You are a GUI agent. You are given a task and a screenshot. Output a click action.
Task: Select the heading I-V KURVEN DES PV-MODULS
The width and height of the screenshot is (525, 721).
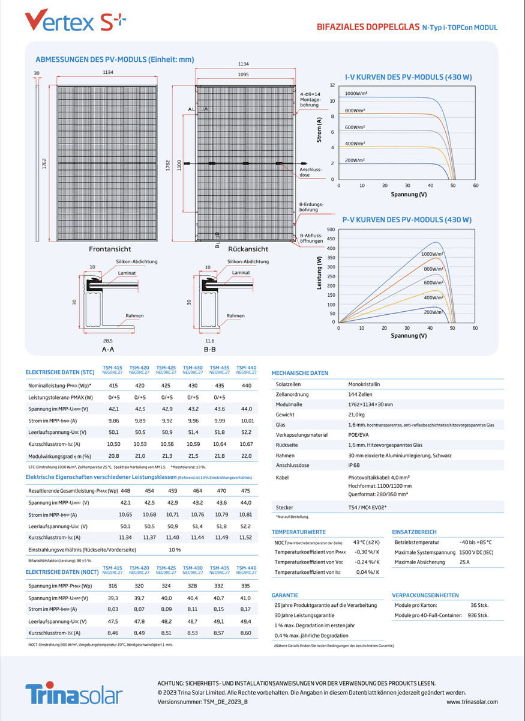[x=408, y=78]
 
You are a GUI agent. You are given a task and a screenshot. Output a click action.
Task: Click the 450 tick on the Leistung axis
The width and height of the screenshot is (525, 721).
[x=331, y=239]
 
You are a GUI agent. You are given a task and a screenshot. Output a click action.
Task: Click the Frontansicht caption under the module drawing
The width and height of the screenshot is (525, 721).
[x=110, y=249]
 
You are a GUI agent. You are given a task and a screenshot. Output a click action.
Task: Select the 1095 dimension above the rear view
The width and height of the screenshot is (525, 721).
[x=243, y=75]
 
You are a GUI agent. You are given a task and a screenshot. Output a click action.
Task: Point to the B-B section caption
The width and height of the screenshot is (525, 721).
[x=210, y=348]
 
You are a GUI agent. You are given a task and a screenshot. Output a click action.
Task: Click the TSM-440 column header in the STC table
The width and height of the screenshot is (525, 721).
[x=246, y=369]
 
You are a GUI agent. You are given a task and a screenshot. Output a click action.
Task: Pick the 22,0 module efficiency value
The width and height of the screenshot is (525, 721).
[x=246, y=457]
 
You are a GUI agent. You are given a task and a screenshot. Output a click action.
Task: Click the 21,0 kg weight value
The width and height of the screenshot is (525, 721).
[x=357, y=415]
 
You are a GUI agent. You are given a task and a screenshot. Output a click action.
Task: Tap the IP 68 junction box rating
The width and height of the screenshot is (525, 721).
[x=355, y=465]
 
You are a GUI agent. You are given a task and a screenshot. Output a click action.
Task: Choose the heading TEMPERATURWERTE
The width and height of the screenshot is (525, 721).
[x=298, y=532]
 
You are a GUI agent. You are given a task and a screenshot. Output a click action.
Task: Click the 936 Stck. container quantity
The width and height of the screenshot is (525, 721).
[x=478, y=615]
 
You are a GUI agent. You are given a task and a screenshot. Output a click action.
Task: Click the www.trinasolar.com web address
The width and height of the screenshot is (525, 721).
[x=472, y=702]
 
